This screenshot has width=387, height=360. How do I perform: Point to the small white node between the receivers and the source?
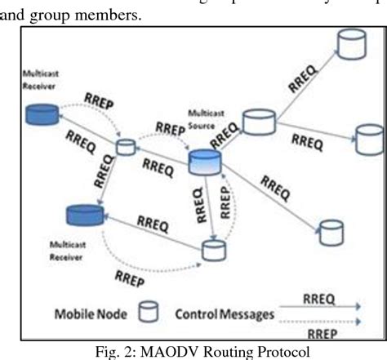(x=126, y=148)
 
